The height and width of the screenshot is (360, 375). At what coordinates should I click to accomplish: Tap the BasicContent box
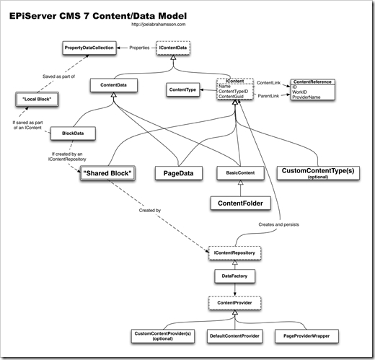[237, 173]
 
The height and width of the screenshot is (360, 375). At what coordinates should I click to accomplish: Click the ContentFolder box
[237, 204]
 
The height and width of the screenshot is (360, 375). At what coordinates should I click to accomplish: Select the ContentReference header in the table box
[312, 82]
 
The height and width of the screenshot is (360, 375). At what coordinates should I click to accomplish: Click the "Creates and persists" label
[275, 225]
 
